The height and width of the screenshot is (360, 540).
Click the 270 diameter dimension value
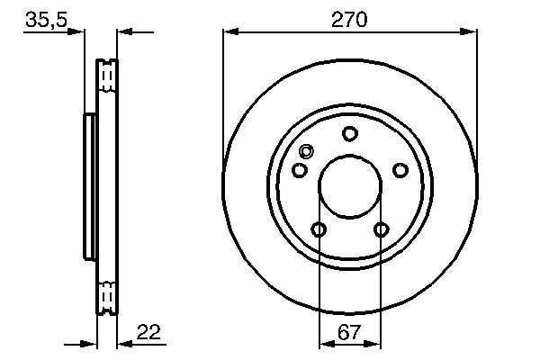(x=349, y=18)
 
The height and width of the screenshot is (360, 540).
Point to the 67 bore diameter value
(x=349, y=332)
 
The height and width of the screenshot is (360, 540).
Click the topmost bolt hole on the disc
(x=350, y=134)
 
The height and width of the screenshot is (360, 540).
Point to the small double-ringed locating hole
(x=306, y=151)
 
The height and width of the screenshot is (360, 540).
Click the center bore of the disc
(x=350, y=187)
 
